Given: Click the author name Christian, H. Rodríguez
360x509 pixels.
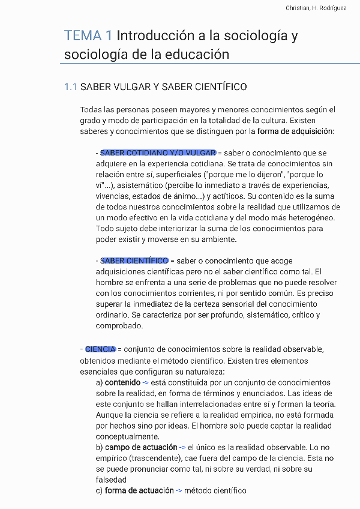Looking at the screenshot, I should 316,8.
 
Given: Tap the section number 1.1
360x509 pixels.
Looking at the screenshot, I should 70,87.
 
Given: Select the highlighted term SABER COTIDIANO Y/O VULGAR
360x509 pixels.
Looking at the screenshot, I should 158,153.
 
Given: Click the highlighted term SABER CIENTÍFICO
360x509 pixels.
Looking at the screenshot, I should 134,261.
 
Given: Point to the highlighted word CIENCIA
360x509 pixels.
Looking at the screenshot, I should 100,349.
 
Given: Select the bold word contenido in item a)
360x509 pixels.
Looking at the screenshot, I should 122,382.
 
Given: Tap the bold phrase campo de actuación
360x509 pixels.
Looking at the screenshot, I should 141,447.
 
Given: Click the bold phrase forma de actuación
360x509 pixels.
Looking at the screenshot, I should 139,490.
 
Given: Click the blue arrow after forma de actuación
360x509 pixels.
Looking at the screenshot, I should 178,490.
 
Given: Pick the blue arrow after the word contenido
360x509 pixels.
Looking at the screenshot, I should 145,382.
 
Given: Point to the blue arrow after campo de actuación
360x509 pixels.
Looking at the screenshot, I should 182,447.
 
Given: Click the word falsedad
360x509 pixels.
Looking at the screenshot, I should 111,480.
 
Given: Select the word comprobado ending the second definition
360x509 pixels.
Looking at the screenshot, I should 119,326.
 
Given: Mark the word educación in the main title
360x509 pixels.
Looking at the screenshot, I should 201,55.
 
